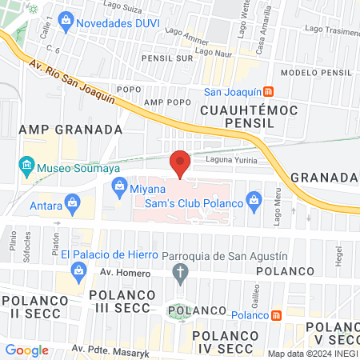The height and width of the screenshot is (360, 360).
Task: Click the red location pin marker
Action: click(180, 164)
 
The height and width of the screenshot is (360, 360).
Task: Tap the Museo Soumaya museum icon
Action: click(26, 168)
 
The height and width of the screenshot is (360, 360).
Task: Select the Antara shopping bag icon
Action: click(73, 202)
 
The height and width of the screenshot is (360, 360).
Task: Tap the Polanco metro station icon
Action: click(275, 315)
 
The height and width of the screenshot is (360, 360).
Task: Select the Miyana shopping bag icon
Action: click(118, 189)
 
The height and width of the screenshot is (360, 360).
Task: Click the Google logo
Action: click(27, 350)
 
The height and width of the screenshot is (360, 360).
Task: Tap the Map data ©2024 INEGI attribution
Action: click(312, 353)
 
